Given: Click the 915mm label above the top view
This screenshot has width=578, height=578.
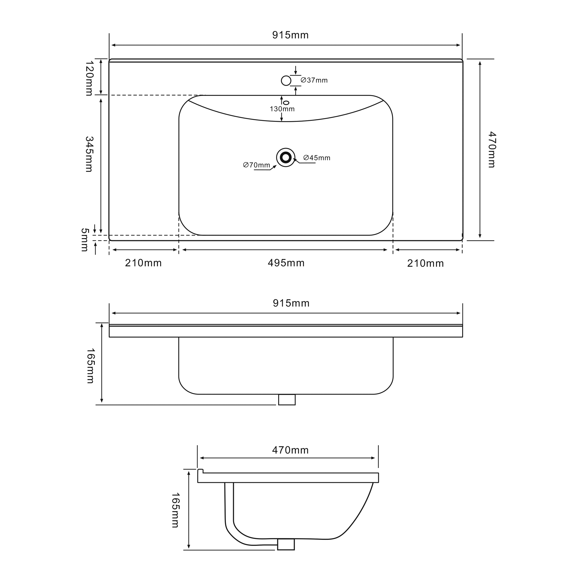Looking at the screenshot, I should pyautogui.click(x=290, y=35).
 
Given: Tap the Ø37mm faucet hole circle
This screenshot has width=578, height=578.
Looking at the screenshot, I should pyautogui.click(x=286, y=80).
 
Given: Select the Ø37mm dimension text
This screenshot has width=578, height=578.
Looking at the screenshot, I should pyautogui.click(x=314, y=80).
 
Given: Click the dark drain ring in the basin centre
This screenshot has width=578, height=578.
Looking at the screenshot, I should pyautogui.click(x=286, y=157).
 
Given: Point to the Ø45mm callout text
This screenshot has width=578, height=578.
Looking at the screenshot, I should pyautogui.click(x=317, y=158).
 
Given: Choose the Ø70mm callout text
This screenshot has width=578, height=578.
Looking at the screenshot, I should pyautogui.click(x=256, y=165).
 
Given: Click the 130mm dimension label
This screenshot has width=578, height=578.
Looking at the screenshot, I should pyautogui.click(x=282, y=109).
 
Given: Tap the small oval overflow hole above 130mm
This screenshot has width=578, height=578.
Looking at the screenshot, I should pyautogui.click(x=286, y=103).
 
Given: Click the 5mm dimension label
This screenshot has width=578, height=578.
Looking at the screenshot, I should pyautogui.click(x=85, y=240).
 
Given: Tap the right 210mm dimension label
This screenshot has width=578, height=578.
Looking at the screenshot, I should pyautogui.click(x=425, y=264).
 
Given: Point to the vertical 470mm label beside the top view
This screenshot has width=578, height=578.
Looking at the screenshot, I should pyautogui.click(x=492, y=150).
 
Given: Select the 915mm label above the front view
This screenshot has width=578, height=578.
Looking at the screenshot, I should pyautogui.click(x=291, y=303).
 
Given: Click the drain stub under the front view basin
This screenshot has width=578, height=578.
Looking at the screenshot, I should pyautogui.click(x=287, y=400).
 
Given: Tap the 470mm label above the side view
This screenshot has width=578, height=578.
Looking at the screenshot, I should pyautogui.click(x=290, y=450).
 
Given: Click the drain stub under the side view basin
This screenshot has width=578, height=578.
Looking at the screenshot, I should pyautogui.click(x=286, y=544).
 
